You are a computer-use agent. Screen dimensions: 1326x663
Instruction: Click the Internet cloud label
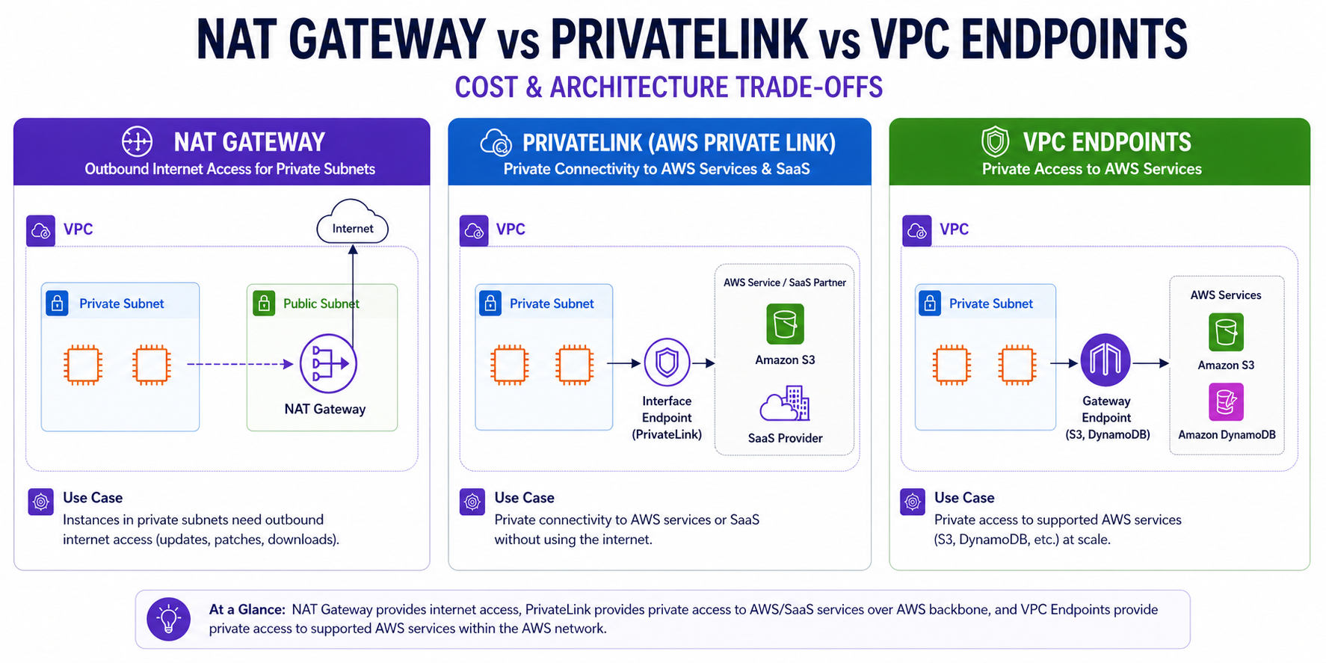pyautogui.click(x=353, y=229)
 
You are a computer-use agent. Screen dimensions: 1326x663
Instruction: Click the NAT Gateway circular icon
pyautogui.click(x=328, y=364)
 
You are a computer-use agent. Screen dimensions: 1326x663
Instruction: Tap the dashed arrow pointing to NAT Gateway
pyautogui.click(x=240, y=364)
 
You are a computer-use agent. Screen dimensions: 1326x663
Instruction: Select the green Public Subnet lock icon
pyautogui.click(x=264, y=303)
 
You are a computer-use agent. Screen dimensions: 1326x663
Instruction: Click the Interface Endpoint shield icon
pyautogui.click(x=667, y=363)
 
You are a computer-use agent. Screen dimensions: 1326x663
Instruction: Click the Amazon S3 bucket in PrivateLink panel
pyautogui.click(x=785, y=324)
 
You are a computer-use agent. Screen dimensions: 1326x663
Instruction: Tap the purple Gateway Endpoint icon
pyautogui.click(x=1105, y=360)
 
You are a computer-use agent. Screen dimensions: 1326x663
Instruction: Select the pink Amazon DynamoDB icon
pyautogui.click(x=1226, y=402)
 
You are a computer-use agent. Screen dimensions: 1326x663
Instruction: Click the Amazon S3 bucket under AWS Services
pyautogui.click(x=1226, y=332)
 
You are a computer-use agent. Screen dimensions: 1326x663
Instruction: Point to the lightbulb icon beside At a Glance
pyautogui.click(x=169, y=619)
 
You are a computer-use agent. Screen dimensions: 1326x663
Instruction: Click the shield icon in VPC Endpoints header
pyautogui.click(x=995, y=141)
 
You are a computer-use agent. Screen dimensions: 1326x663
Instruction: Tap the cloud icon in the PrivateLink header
pyautogui.click(x=496, y=141)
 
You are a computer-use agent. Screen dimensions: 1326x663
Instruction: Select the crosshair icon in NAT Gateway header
pyautogui.click(x=137, y=141)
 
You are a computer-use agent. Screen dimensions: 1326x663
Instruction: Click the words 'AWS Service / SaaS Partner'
pyautogui.click(x=785, y=283)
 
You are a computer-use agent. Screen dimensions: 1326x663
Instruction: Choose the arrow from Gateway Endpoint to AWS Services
pyautogui.click(x=1151, y=363)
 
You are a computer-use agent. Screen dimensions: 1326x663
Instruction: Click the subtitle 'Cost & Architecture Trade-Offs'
pyautogui.click(x=669, y=87)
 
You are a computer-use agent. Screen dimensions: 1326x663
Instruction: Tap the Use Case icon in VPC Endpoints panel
pyautogui.click(x=913, y=502)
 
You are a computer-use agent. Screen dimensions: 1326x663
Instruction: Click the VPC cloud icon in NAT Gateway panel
pyautogui.click(x=40, y=231)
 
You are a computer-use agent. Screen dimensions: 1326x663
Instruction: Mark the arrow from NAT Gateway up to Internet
pyautogui.click(x=353, y=296)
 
